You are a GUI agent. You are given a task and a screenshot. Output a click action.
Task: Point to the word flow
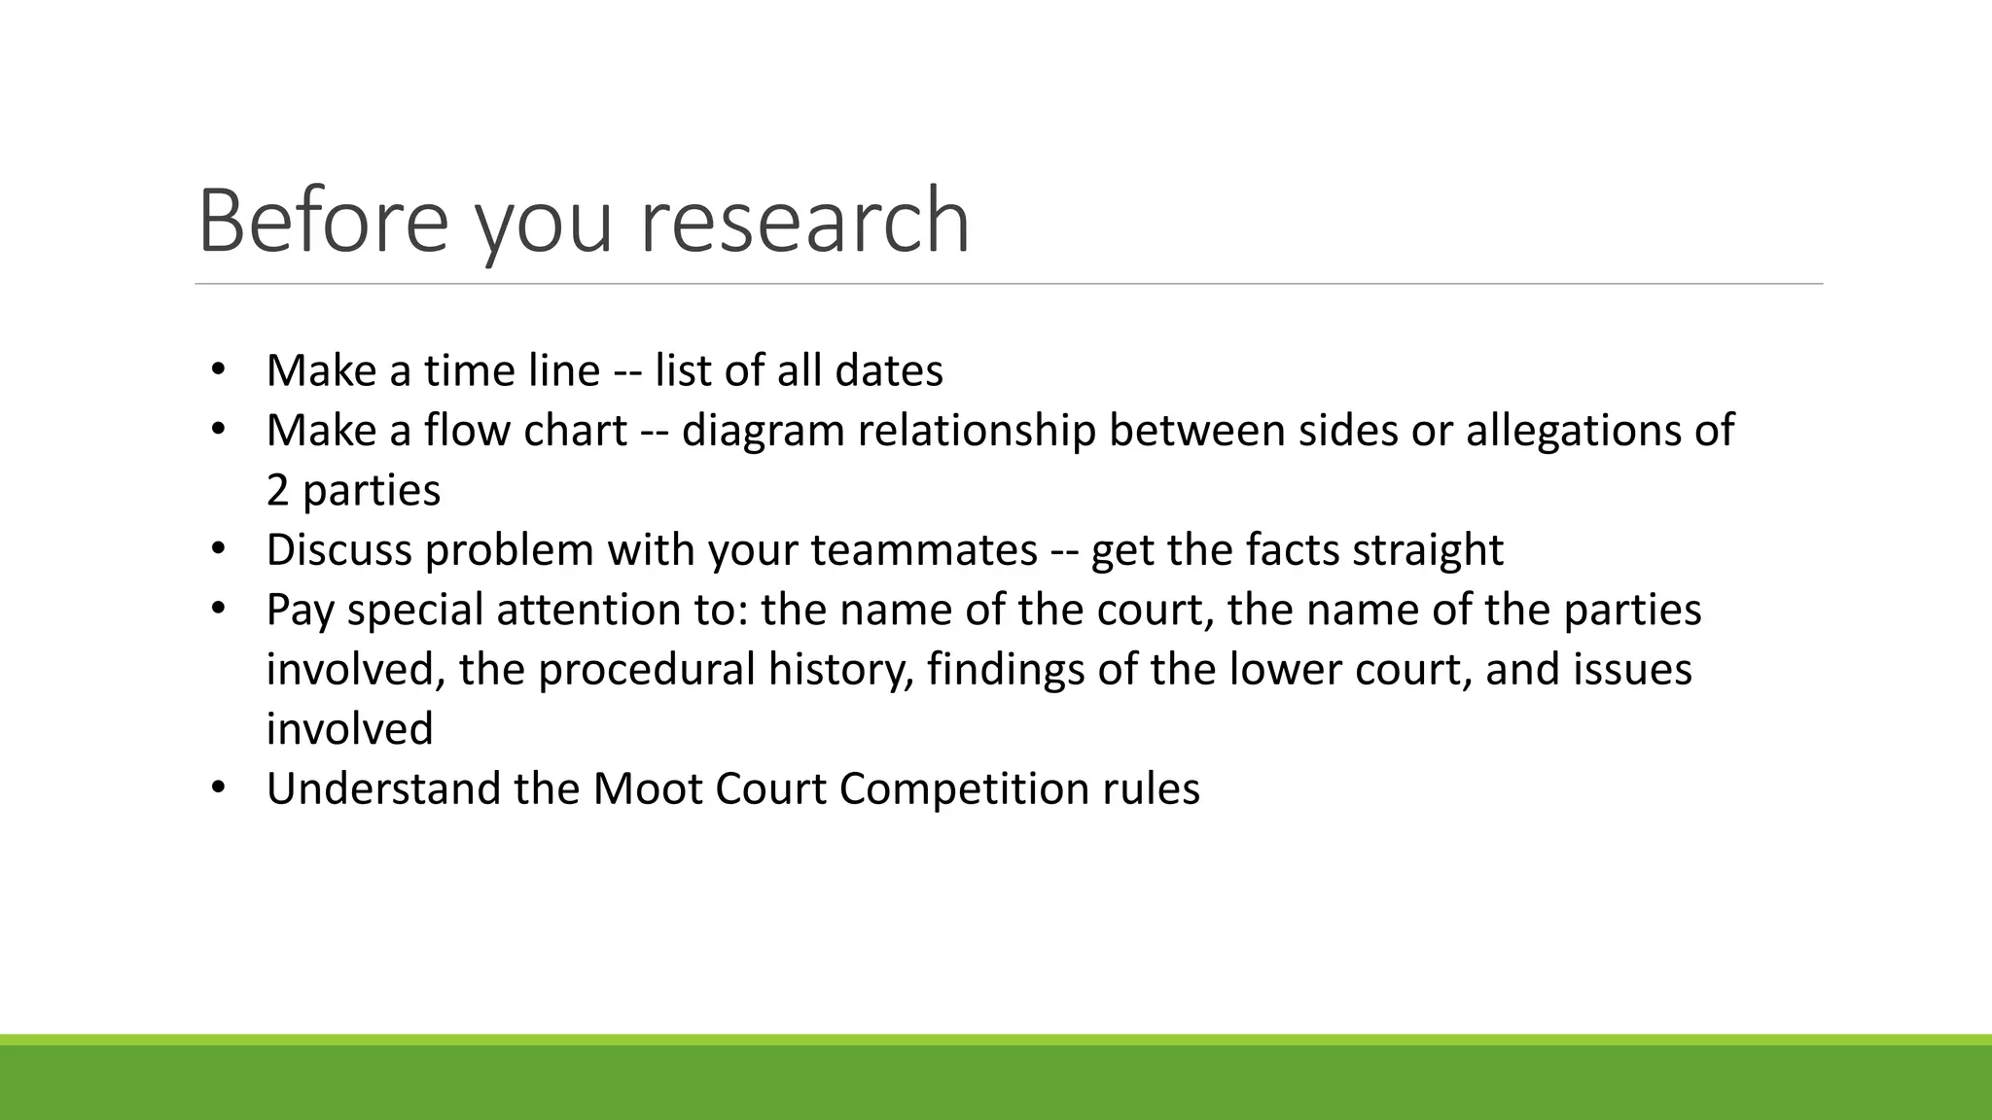467,430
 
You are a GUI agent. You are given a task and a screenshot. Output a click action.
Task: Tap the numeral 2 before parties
278,490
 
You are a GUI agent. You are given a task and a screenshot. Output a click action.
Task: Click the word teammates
924,549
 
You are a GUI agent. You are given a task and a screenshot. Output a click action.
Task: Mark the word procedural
646,669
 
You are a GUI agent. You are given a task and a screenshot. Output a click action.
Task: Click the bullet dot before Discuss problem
218,549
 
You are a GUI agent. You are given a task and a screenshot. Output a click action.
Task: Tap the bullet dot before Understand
218,787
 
